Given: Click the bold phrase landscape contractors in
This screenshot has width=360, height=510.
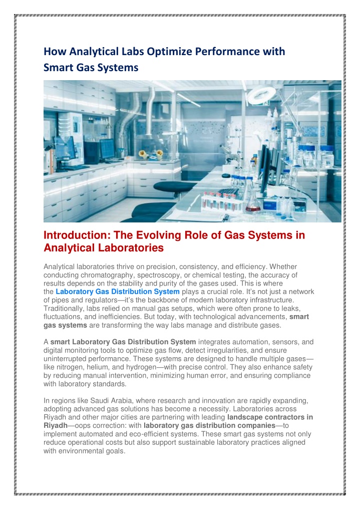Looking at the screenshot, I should coord(270,417).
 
